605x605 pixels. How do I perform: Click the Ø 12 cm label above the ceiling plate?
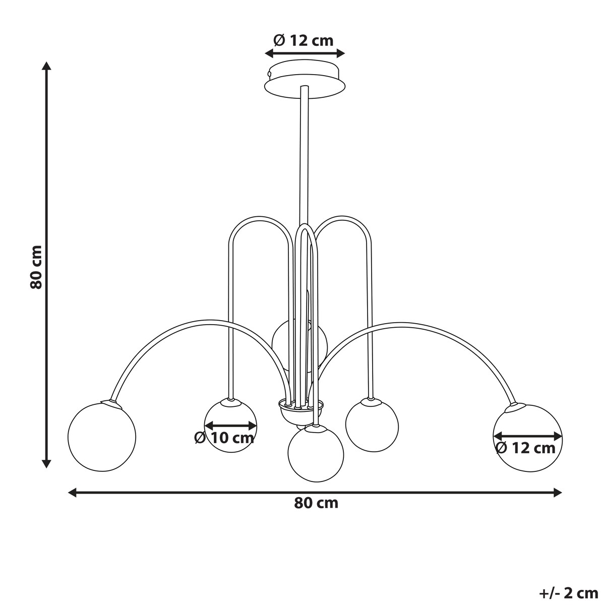[304, 40]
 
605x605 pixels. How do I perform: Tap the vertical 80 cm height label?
[36, 267]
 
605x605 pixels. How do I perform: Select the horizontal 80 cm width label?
[316, 503]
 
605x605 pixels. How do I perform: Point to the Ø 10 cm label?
[224, 438]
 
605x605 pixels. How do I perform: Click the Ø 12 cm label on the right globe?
[525, 448]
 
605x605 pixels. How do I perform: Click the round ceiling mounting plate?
[305, 81]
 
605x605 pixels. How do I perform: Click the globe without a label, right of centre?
[372, 425]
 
